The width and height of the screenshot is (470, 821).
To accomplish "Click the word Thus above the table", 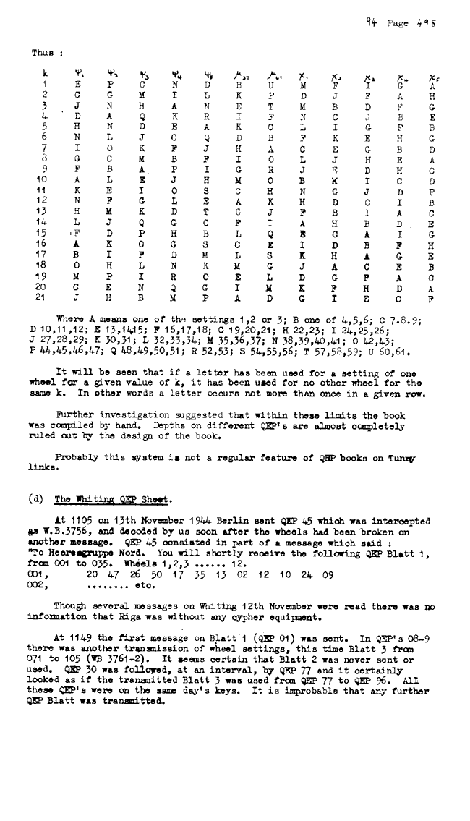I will [40, 53].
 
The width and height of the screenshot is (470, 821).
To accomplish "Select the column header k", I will [45, 74].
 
